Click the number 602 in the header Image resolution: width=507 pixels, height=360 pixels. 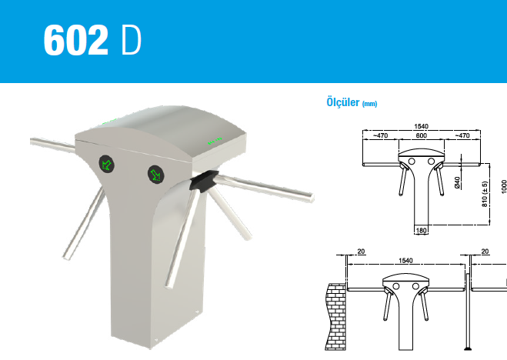point(75,40)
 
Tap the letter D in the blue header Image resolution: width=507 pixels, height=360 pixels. point(132,40)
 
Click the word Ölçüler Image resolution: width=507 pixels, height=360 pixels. point(342,102)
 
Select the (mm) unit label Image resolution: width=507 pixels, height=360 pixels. point(369,104)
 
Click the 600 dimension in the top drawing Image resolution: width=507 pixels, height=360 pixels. point(421,135)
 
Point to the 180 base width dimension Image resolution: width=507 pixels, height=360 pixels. point(421,231)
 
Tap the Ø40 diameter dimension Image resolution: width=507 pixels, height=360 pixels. point(457,182)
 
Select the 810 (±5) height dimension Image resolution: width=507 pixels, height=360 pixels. point(485,194)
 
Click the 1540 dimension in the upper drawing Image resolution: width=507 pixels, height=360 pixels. point(421,126)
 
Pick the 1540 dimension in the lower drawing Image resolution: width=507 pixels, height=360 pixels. point(405,261)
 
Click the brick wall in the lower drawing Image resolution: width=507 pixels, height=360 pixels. point(335,317)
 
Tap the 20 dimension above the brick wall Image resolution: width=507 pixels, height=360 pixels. point(361,251)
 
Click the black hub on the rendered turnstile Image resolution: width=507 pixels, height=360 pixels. point(204,181)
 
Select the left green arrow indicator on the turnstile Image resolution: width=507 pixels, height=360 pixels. point(106,164)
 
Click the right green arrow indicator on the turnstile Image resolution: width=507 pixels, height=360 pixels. point(156,175)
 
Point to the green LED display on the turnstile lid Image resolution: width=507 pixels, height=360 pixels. point(215,141)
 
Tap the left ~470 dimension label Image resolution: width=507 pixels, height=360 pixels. point(380,135)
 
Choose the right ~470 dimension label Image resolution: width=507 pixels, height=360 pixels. point(462,135)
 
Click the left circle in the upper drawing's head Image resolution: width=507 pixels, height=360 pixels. point(412,161)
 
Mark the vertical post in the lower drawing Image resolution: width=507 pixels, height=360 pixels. point(467,312)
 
